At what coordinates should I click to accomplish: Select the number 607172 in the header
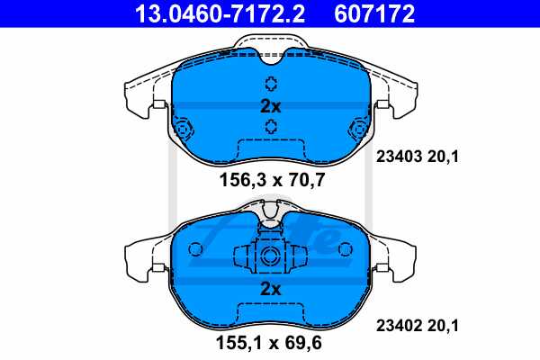point(374,14)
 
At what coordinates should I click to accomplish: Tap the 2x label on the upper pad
point(271,106)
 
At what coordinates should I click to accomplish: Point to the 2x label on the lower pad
point(271,290)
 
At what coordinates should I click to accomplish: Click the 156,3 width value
point(242,181)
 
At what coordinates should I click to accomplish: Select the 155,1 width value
point(242,343)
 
